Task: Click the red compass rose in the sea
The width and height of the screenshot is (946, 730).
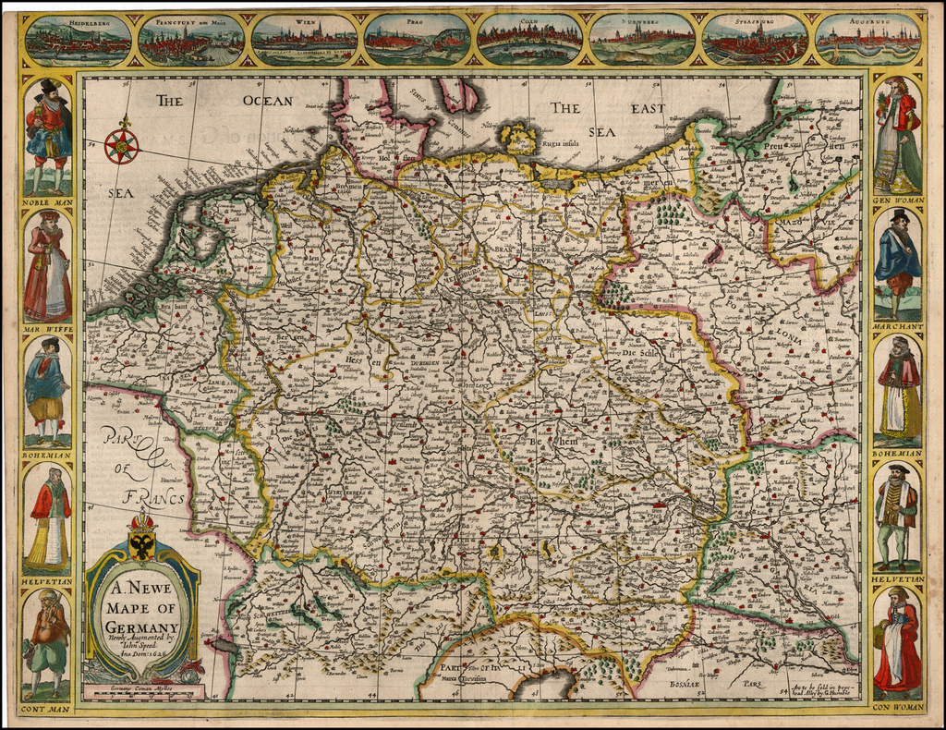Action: [x=121, y=145]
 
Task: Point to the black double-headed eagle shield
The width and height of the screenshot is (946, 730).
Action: [x=142, y=546]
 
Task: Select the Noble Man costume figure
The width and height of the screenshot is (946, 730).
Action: [x=48, y=134]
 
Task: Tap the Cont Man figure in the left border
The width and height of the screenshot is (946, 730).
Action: [x=48, y=642]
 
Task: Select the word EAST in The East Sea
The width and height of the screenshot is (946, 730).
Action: [x=648, y=108]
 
